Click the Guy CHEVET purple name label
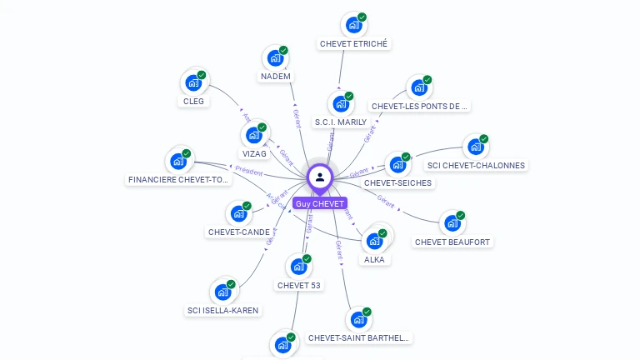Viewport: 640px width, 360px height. tap(320, 203)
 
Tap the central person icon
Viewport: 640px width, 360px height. tap(320, 177)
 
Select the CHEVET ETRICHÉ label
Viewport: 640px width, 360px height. tap(353, 43)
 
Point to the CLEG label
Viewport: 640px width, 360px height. tap(193, 102)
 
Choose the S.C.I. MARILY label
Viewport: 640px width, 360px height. tap(340, 122)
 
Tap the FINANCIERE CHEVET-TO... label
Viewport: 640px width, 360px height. tap(178, 180)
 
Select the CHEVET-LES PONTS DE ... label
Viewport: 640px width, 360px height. tap(420, 107)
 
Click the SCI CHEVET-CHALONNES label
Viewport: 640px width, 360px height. tap(476, 165)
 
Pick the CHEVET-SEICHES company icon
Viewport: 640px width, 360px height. tap(397, 164)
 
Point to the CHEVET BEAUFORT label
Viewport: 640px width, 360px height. tap(452, 242)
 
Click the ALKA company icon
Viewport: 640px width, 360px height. tap(374, 241)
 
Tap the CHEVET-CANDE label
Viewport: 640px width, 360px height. tap(238, 232)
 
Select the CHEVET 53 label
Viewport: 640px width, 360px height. tap(298, 286)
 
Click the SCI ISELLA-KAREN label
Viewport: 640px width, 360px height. tap(222, 311)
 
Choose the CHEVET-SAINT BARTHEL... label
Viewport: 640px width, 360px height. tap(358, 337)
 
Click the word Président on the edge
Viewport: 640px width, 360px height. tap(248, 171)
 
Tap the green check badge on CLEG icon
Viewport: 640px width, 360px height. tap(202, 75)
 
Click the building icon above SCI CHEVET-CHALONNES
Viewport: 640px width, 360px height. tap(475, 147)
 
